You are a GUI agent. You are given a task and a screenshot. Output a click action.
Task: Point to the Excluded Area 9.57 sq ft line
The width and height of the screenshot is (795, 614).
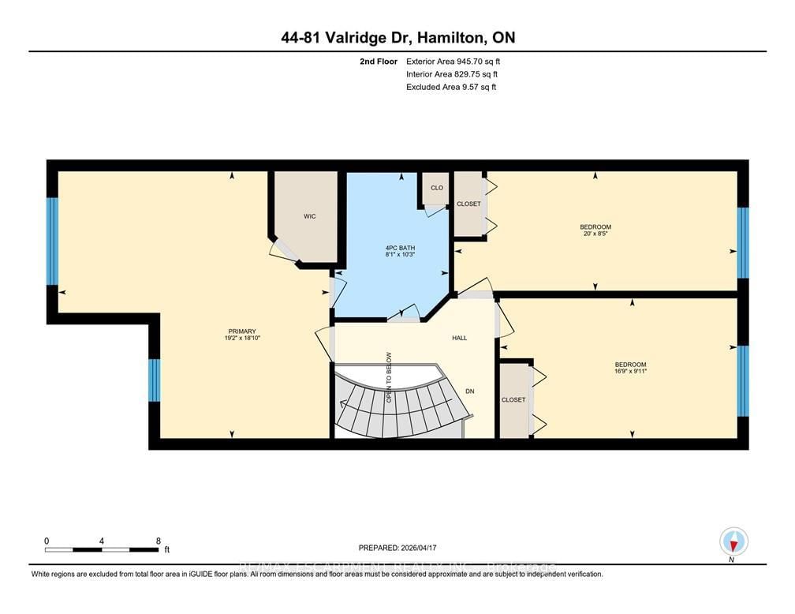coord(450,87)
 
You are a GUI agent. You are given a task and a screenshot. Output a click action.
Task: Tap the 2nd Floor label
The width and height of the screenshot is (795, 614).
coord(375,61)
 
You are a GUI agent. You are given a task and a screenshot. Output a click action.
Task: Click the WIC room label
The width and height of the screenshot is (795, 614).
coord(310,215)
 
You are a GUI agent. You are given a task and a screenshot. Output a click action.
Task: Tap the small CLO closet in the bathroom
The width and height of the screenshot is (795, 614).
coord(436,189)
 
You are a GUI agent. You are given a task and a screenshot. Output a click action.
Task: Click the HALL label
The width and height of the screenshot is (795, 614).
coord(459,338)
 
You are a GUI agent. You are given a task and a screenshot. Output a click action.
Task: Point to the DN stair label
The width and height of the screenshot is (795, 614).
coord(469,391)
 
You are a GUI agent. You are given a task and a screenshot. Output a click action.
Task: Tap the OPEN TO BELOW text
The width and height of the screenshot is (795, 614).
coord(389,377)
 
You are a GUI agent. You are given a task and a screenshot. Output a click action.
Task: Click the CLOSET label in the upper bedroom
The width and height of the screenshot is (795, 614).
coord(468,204)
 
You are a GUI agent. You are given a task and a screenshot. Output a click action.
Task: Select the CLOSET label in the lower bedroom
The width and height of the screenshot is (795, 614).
coord(513,399)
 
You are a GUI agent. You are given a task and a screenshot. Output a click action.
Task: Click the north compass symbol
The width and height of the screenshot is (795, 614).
coord(733,543)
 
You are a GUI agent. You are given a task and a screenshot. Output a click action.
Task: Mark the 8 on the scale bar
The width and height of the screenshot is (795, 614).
coord(159,541)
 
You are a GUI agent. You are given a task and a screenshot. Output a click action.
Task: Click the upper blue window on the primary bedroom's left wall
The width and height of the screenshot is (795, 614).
coord(52,241)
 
